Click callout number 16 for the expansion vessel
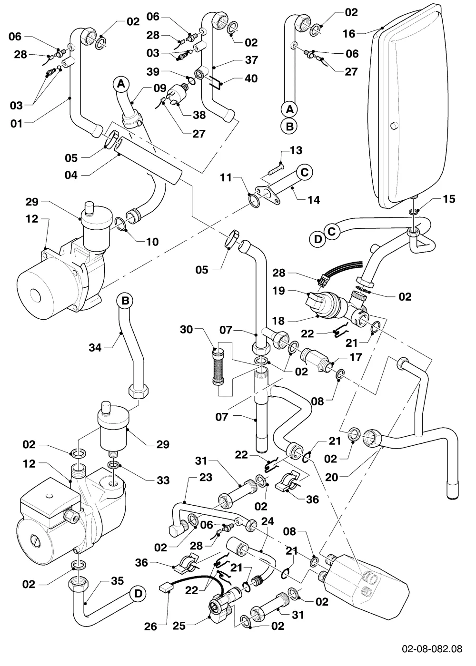tap(349, 34)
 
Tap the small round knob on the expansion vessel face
tap(395, 126)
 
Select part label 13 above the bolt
tap(296, 150)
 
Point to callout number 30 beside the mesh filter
tap(187, 329)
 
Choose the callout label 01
tap(17, 123)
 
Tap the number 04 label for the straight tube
tap(71, 175)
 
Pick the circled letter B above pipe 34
tap(125, 301)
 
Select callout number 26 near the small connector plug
tap(150, 627)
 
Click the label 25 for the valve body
tap(179, 626)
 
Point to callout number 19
tap(279, 291)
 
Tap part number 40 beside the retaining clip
tap(251, 78)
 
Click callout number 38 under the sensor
tap(199, 115)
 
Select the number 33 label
tap(163, 480)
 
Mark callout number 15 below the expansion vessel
tap(449, 199)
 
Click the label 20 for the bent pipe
tap(332, 477)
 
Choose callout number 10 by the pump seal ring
tap(152, 242)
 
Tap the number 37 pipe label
tap(251, 60)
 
